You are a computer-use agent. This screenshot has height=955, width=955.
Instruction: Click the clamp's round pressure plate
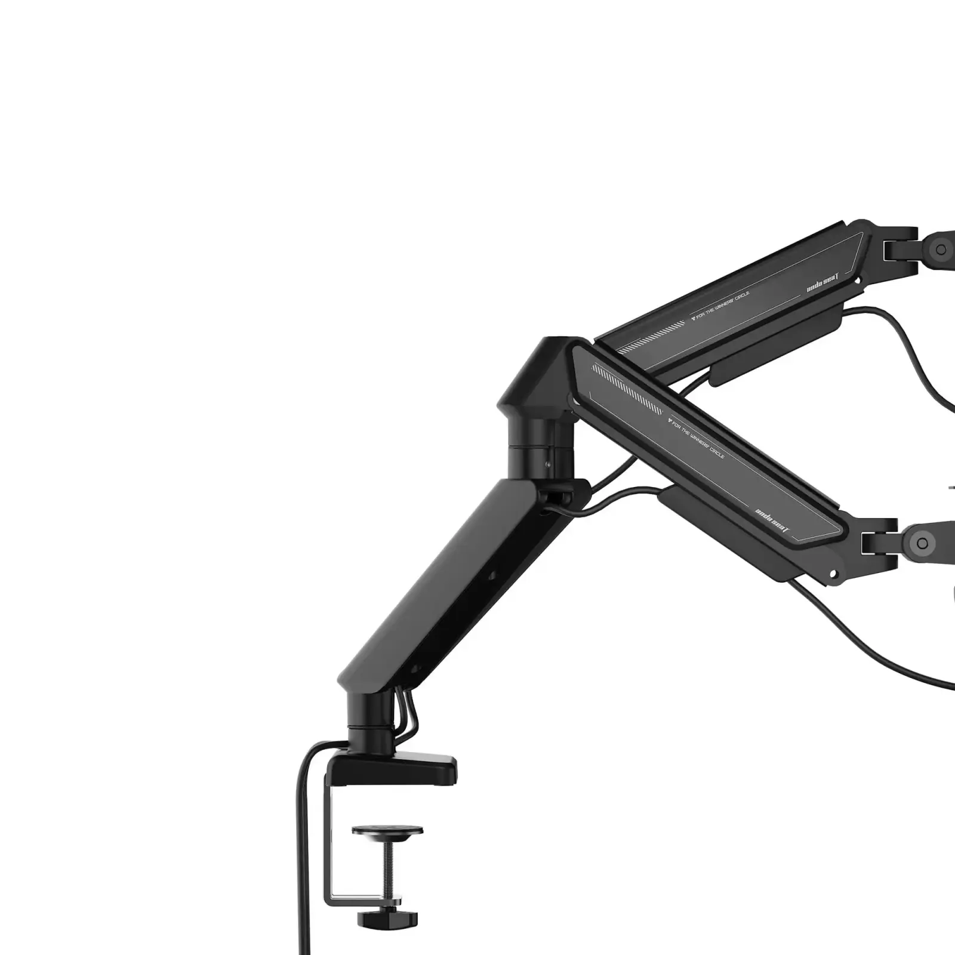pyautogui.click(x=387, y=830)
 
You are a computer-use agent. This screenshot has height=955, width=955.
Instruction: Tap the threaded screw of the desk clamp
pyautogui.click(x=387, y=865)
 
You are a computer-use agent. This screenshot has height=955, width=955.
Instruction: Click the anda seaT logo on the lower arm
pyautogui.click(x=772, y=519)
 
